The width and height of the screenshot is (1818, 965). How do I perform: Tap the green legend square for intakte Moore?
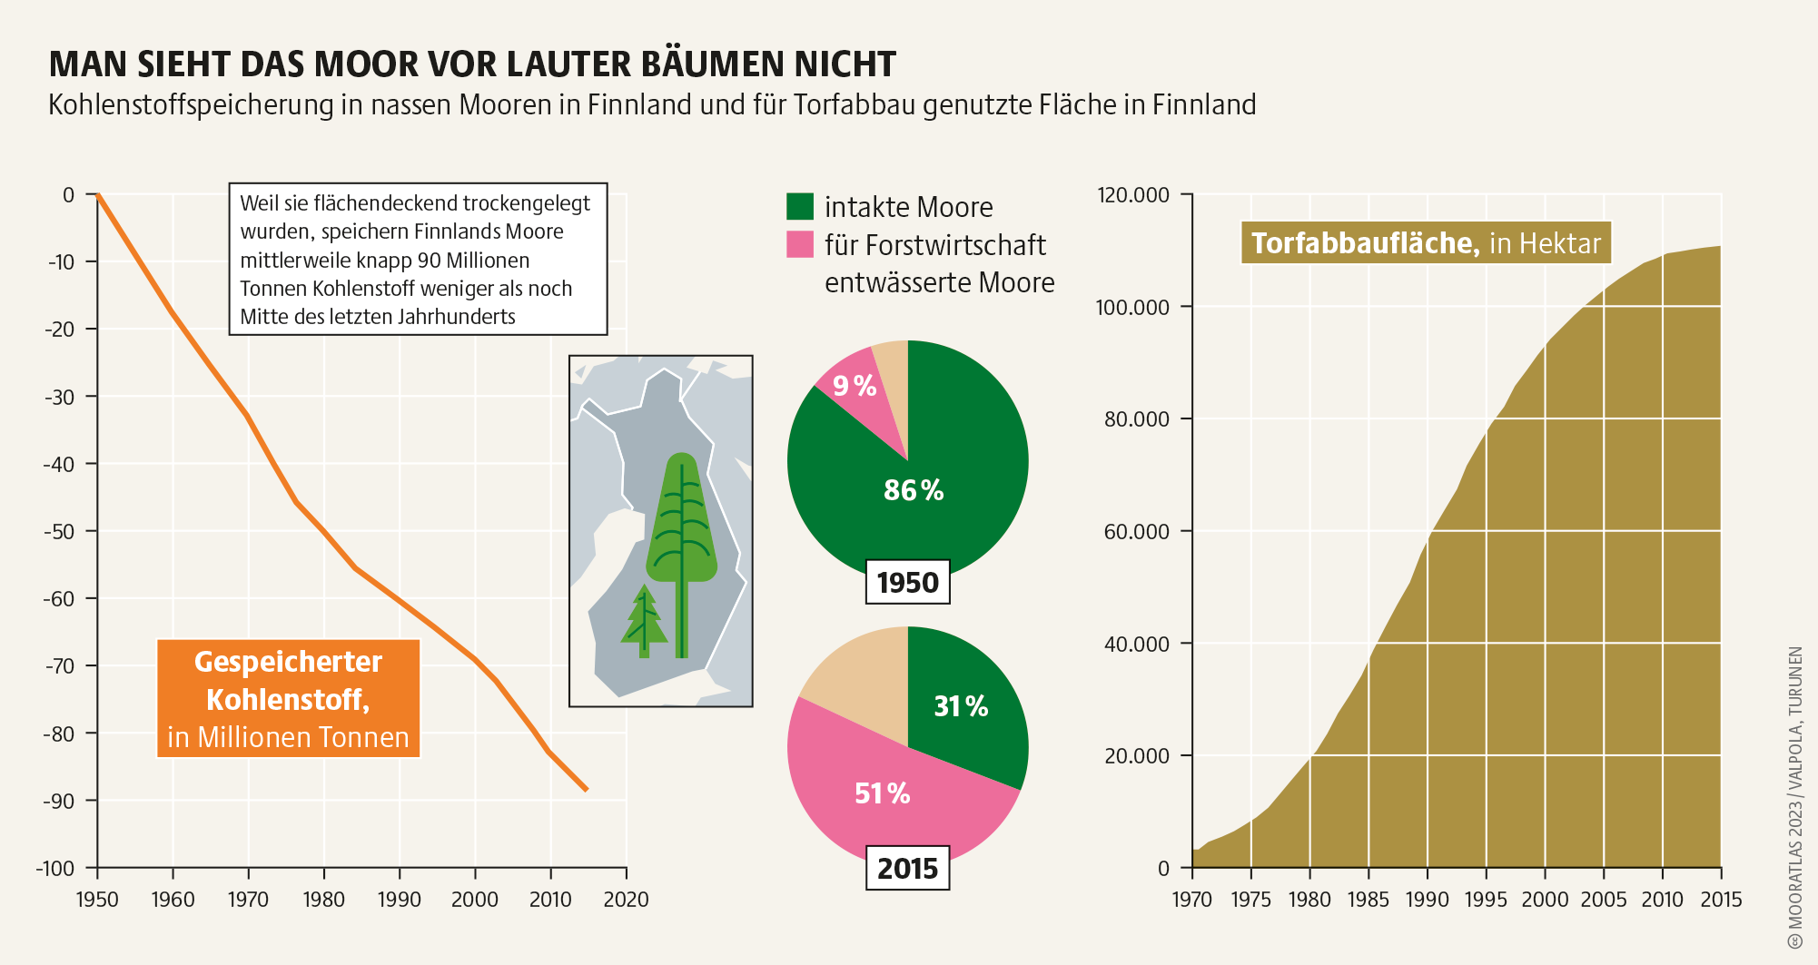tap(799, 206)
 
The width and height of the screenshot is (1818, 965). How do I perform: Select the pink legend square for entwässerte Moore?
tap(799, 244)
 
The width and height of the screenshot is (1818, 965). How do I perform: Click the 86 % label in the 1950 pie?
tap(914, 490)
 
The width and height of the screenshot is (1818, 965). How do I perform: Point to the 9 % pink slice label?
tap(855, 387)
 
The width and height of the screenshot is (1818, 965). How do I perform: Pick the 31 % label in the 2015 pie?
tap(961, 706)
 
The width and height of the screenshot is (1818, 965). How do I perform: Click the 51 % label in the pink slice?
tap(882, 793)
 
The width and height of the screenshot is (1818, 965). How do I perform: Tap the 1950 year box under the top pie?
tap(907, 582)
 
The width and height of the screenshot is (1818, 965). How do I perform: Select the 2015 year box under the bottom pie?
tap(907, 868)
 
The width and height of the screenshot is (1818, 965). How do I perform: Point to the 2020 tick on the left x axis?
tap(626, 900)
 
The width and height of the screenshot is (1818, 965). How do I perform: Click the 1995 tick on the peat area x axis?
tap(1486, 900)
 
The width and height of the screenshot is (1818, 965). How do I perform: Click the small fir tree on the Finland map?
tap(644, 622)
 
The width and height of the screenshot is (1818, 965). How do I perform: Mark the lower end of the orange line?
tap(587, 790)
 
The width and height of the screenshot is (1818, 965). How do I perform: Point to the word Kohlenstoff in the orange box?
tap(287, 700)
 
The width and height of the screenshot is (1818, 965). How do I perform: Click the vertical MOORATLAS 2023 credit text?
tap(1794, 790)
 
